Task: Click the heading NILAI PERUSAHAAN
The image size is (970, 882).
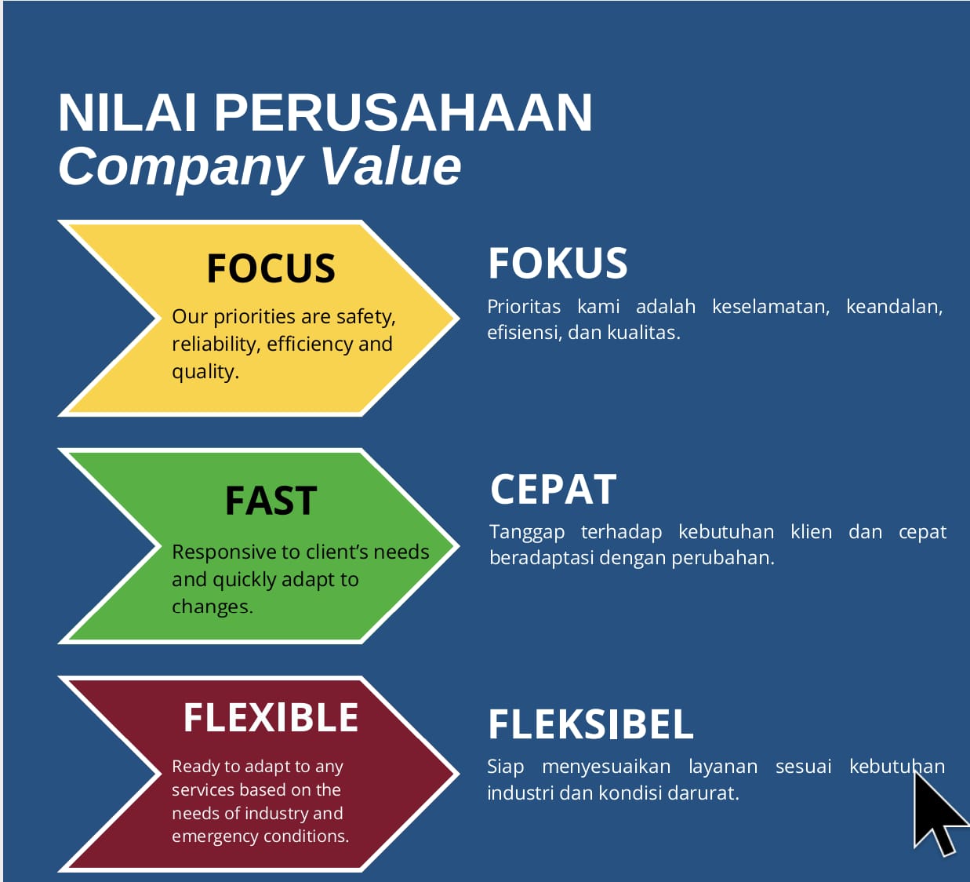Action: coord(325,112)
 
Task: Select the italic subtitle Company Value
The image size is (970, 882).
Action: coord(260,167)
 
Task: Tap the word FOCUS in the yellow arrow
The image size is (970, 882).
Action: coord(271,268)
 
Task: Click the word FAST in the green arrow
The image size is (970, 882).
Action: coord(271,501)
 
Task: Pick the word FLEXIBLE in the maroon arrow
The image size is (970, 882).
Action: coord(271,717)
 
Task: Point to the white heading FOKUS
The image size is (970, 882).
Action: coord(558,263)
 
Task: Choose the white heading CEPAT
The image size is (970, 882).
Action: coord(553,490)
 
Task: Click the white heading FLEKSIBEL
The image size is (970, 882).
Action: coord(590,724)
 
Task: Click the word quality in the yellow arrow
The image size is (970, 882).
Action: coord(205,372)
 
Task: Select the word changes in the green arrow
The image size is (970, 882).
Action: coord(213,607)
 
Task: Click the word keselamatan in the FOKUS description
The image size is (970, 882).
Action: coord(771,307)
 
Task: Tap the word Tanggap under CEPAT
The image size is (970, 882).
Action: coord(527,533)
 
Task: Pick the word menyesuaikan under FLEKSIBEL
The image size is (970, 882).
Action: coord(606,767)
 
